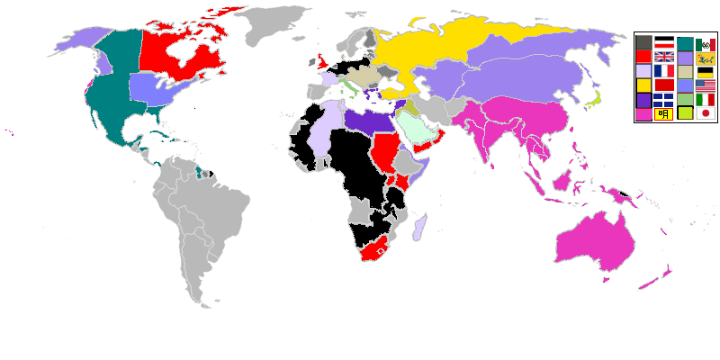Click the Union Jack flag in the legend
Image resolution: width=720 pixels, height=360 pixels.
[663, 56]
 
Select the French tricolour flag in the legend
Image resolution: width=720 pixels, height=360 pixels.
[663, 70]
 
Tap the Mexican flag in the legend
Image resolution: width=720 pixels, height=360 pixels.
[706, 42]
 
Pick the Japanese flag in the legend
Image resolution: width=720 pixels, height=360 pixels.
[706, 113]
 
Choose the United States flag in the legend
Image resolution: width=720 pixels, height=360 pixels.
[706, 85]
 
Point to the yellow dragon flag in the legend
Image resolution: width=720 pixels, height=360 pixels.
[706, 57]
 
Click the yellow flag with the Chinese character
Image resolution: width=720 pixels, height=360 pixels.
[663, 113]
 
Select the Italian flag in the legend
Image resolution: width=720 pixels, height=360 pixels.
[706, 99]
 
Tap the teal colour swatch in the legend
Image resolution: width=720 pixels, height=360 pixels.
[685, 42]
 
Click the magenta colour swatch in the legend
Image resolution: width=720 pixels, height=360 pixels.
[643, 113]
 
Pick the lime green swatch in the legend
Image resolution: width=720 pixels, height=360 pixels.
[685, 113]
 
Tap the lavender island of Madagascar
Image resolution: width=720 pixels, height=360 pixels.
[419, 228]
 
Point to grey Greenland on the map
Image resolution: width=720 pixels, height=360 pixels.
[274, 27]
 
